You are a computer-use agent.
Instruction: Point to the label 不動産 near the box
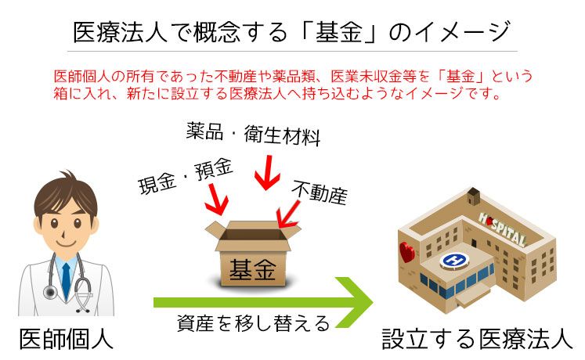[x=320, y=190]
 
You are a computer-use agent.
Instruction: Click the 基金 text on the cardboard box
[x=252, y=270]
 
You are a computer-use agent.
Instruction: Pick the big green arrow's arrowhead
[x=356, y=301]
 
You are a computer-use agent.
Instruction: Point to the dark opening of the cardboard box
[x=253, y=234]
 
